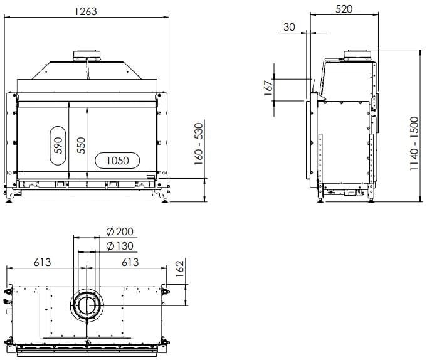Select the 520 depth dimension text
pyautogui.click(x=344, y=9)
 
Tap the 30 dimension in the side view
pyautogui.click(x=289, y=27)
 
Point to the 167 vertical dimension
pyautogui.click(x=268, y=88)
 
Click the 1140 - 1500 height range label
pyautogui.click(x=413, y=144)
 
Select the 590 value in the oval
pyautogui.click(x=58, y=146)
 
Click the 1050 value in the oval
pyautogui.click(x=117, y=161)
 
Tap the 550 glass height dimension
pyautogui.click(x=80, y=146)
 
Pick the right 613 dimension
pyautogui.click(x=130, y=262)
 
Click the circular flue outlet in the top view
pyautogui.click(x=87, y=305)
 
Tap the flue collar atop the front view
pyautogui.click(x=86, y=55)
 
